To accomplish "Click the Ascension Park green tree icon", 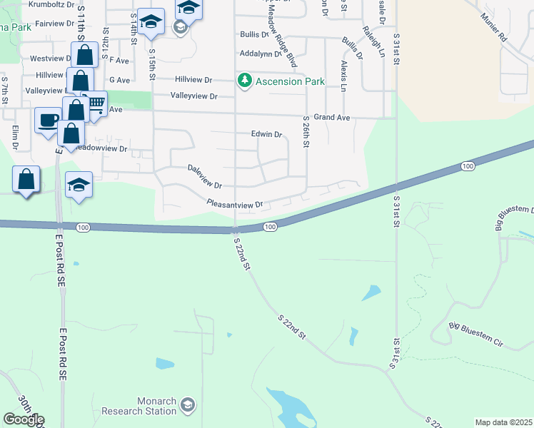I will [246, 80].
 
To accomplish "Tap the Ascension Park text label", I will [289, 81].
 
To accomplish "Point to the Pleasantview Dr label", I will [235, 204].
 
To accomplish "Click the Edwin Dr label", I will [266, 134].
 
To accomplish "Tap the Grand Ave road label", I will [331, 116].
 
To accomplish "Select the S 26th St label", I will [306, 132].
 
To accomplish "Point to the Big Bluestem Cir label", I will [476, 335].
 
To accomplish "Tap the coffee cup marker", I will [48, 120].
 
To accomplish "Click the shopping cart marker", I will [95, 103].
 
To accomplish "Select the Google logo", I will [24, 419].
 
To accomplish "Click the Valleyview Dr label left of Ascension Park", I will [193, 96].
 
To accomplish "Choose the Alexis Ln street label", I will [344, 76].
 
